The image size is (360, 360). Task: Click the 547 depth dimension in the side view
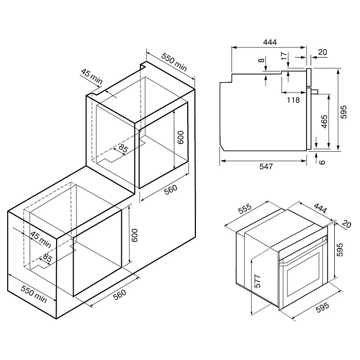pos(265,167)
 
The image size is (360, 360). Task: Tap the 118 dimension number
pos(293,100)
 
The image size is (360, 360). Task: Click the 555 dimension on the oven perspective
pos(245,210)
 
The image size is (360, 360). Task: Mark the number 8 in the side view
pos(262,61)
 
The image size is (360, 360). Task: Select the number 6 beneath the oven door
pos(322,161)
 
